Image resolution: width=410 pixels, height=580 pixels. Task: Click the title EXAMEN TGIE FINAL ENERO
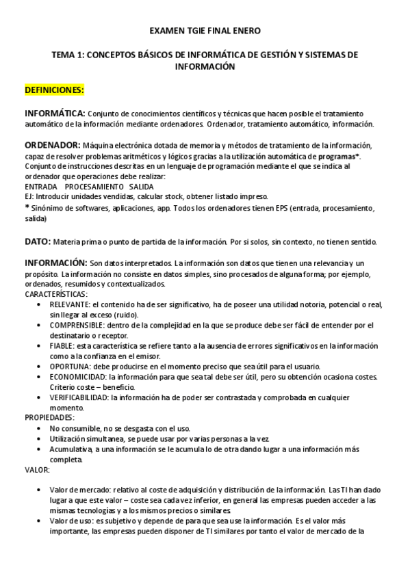[205, 31]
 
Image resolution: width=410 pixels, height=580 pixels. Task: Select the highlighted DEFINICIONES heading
[54, 90]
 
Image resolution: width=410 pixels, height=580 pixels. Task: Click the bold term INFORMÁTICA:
[55, 113]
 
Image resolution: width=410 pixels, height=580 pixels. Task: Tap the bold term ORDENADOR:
[51, 145]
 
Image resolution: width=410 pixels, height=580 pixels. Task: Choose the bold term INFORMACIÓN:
[55, 263]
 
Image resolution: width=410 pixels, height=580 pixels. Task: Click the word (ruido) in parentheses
[125, 315]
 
